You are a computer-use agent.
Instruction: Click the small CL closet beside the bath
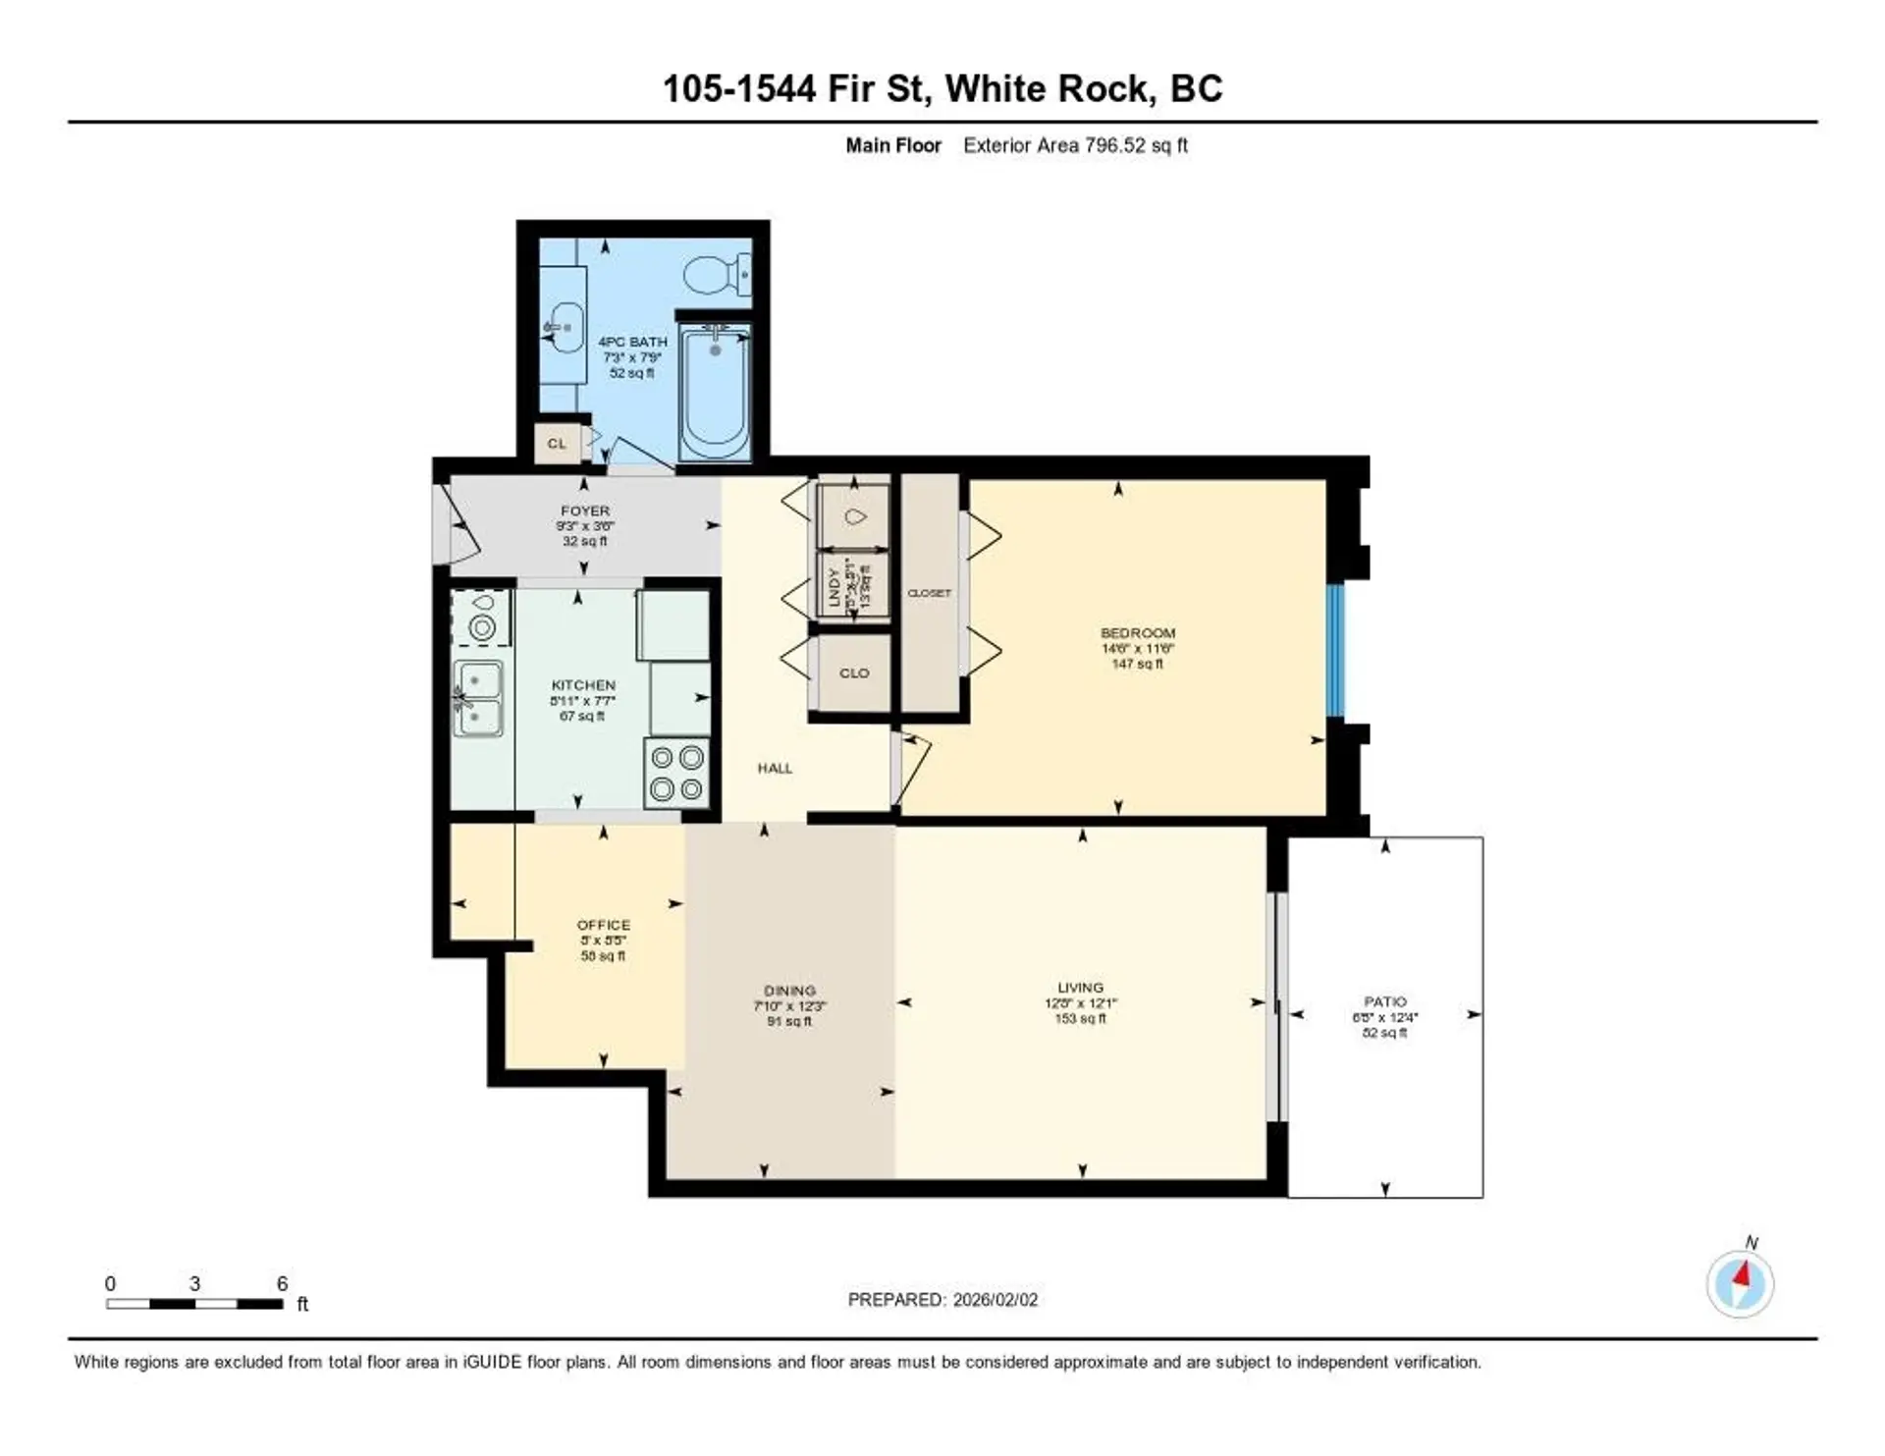[x=557, y=443]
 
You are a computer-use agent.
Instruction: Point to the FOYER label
[x=585, y=511]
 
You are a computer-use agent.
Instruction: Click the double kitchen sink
[x=477, y=698]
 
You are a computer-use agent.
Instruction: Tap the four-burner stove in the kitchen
[x=677, y=773]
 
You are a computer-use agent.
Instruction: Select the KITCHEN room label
[x=583, y=685]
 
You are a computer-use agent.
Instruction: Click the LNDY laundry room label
[x=835, y=587]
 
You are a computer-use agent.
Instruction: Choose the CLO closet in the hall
[x=854, y=673]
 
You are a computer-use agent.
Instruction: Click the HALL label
[x=775, y=768]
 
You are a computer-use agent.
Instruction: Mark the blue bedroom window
[x=1334, y=650]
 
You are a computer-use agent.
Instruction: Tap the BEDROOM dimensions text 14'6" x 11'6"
[x=1137, y=648]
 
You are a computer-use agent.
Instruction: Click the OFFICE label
[x=603, y=925]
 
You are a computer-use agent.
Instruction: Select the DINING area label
[x=789, y=991]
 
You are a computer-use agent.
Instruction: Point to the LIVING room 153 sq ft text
[x=1080, y=1018]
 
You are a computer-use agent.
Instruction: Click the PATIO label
[x=1384, y=1001]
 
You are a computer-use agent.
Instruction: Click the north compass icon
[x=1740, y=1283]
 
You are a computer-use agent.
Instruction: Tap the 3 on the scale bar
[x=194, y=1283]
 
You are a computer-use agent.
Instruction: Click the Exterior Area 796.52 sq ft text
[x=1075, y=145]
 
